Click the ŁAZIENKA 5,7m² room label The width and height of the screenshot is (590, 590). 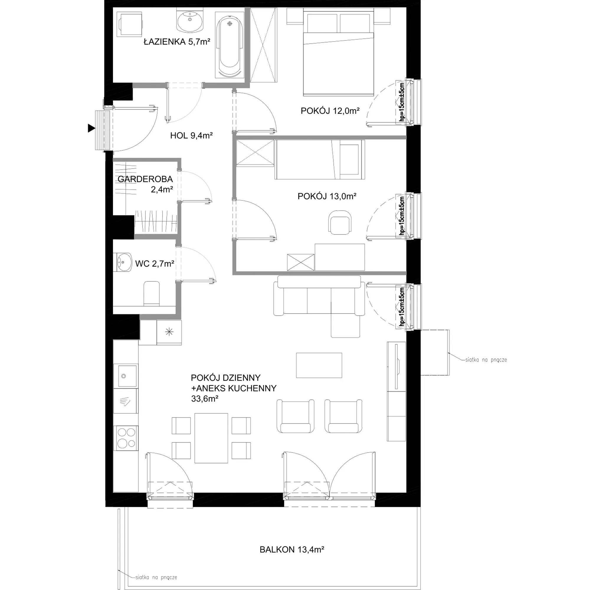tap(177, 42)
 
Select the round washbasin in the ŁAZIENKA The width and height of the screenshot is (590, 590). tap(190, 20)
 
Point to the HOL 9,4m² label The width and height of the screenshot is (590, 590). tap(191, 135)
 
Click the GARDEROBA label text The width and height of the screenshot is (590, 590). tap(145, 179)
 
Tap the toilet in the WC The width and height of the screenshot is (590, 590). tap(151, 293)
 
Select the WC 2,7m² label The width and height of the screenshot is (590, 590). tap(155, 263)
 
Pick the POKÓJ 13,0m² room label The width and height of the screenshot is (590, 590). tap(327, 196)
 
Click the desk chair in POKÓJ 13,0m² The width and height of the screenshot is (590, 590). tap(339, 222)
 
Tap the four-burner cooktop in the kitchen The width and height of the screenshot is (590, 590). tap(126, 438)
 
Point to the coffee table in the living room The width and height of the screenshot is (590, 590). tap(319, 365)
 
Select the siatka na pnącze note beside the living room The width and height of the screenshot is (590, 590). tap(486, 360)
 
